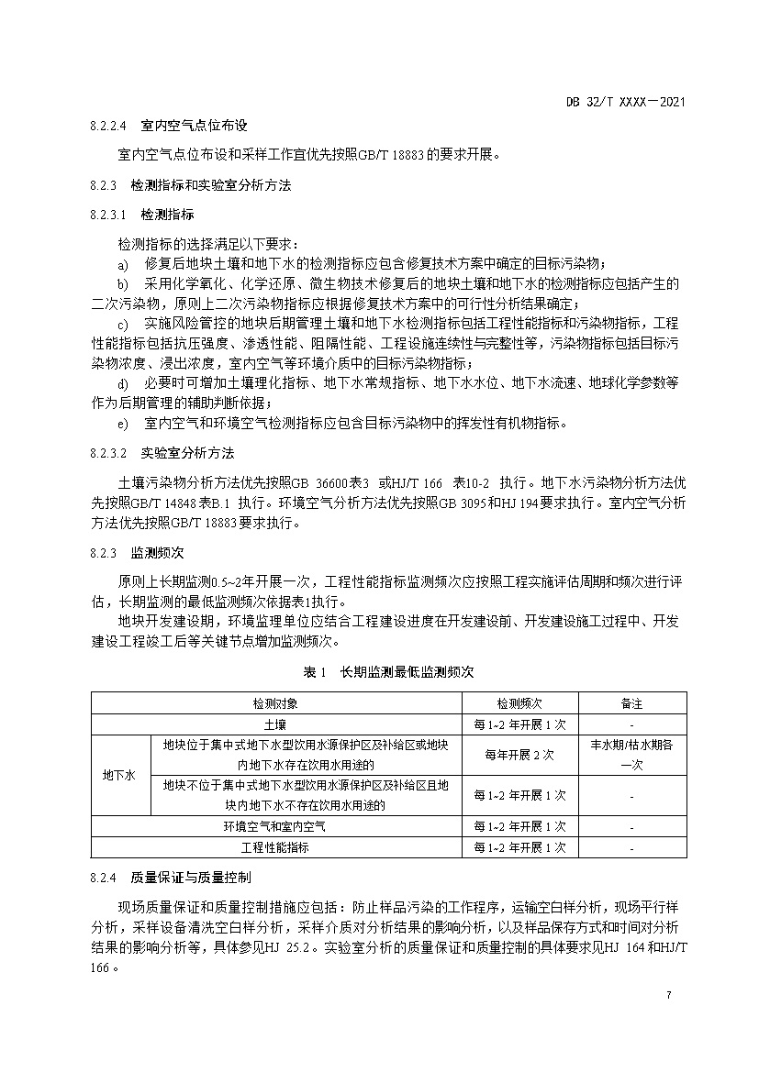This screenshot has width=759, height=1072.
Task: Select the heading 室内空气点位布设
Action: click(194, 125)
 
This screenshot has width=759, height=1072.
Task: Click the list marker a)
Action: click(123, 263)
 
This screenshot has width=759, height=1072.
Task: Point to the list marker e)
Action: click(123, 423)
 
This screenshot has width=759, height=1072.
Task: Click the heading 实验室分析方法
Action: click(187, 452)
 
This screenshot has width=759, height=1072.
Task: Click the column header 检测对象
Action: click(275, 703)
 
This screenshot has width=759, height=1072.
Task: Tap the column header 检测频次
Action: click(520, 703)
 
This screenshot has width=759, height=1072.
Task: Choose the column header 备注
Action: click(631, 703)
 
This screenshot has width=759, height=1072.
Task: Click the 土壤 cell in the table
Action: click(275, 724)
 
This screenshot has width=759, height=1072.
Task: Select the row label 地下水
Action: click(118, 775)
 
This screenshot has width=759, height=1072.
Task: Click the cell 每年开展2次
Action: click(520, 755)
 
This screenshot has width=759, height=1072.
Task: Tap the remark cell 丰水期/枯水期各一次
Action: click(631, 755)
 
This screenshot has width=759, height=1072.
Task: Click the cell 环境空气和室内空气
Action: click(275, 827)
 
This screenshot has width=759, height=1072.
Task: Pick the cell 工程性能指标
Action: click(275, 848)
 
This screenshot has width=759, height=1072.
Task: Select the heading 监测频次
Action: click(158, 554)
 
